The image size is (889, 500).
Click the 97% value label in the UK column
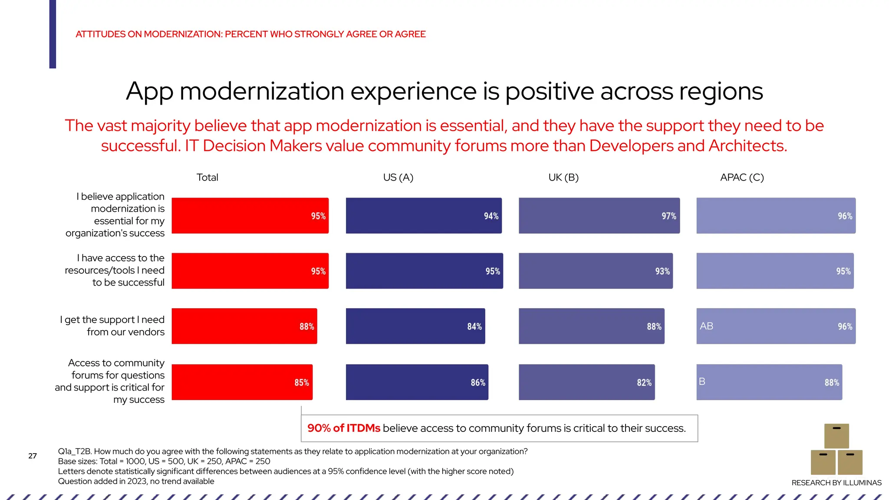point(668,216)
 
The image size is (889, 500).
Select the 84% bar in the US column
point(415,326)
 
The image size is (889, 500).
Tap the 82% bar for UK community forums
point(586,382)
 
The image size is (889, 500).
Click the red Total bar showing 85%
point(242,382)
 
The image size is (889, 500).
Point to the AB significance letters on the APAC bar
point(706,326)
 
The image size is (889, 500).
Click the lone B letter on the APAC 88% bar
point(702,382)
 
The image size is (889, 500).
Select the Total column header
point(207,178)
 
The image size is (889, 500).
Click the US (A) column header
point(398,178)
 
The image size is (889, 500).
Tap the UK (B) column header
point(563,178)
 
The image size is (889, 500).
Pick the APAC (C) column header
point(742,178)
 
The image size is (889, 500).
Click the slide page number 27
point(33,456)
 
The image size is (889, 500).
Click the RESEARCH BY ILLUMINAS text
point(836,483)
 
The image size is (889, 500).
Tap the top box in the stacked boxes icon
point(836,436)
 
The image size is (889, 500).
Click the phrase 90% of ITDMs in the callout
point(343,428)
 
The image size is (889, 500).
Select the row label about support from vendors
point(113,326)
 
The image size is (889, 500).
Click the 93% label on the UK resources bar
point(662,271)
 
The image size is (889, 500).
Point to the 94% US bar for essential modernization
point(423,216)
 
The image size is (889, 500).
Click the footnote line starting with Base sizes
point(164,461)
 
